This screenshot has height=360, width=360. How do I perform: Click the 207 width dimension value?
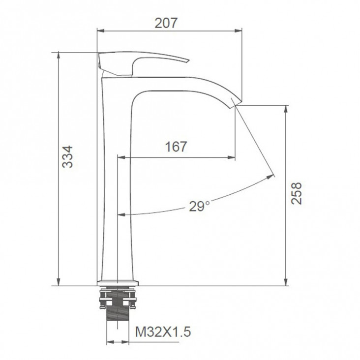166,23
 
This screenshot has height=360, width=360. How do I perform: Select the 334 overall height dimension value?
67,157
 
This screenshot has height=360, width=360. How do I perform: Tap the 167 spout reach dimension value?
176,147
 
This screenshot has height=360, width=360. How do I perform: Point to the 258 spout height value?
296,193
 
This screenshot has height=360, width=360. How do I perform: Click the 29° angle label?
199,206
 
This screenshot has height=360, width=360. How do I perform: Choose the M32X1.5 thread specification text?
163,332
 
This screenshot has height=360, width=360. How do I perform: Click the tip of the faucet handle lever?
188,61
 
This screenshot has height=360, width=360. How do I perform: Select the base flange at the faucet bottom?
118,283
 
